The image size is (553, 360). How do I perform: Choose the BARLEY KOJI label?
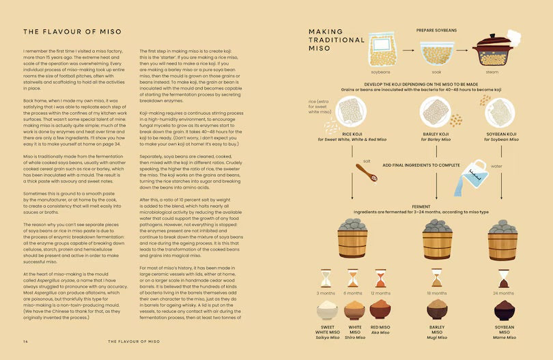tap(436, 134)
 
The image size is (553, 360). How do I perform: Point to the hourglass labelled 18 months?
tap(436, 278)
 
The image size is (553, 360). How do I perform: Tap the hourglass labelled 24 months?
tap(504, 278)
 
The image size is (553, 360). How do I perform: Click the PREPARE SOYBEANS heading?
tap(436, 31)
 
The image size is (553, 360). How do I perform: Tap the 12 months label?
tap(381, 293)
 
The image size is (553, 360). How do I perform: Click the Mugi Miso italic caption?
tap(436, 337)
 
